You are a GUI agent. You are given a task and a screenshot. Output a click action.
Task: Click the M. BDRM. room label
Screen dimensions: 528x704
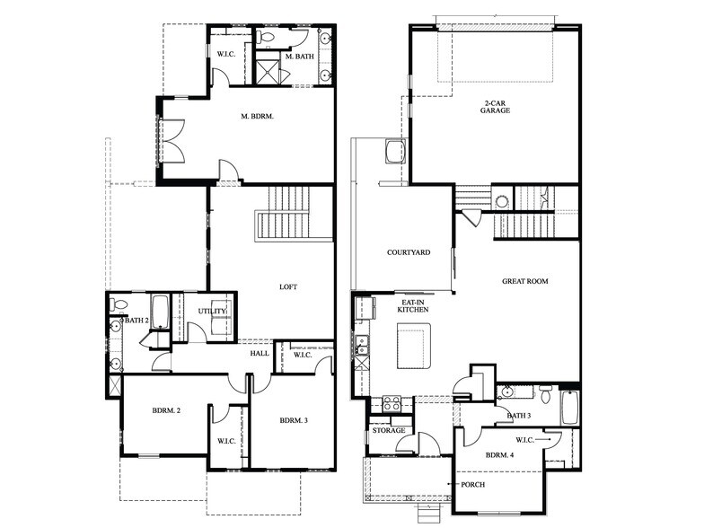pyautogui.click(x=257, y=117)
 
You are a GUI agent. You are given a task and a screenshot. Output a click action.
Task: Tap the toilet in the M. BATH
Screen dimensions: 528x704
pyautogui.click(x=267, y=39)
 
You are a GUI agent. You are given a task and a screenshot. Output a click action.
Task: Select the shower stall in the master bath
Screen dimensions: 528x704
pyautogui.click(x=268, y=71)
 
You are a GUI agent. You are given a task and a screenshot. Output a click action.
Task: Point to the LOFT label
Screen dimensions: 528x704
pyautogui.click(x=288, y=287)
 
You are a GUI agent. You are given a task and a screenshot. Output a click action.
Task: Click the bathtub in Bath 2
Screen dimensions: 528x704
pyautogui.click(x=160, y=312)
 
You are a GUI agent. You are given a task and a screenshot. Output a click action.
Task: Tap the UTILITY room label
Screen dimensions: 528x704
pyautogui.click(x=213, y=311)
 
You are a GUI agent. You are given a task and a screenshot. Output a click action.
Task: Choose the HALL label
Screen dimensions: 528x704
pyautogui.click(x=260, y=354)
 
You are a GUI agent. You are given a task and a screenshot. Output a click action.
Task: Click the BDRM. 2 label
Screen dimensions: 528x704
pyautogui.click(x=166, y=410)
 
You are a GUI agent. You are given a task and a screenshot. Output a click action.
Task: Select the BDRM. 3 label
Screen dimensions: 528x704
pyautogui.click(x=294, y=420)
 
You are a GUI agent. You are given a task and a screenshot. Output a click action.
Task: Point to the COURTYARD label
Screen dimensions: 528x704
pyautogui.click(x=408, y=252)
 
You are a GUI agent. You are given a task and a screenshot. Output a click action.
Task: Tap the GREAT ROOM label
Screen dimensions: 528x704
pyautogui.click(x=524, y=281)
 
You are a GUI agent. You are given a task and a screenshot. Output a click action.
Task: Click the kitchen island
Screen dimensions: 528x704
pyautogui.click(x=414, y=345)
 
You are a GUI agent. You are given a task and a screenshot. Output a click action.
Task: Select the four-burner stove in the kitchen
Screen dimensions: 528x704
pyautogui.click(x=392, y=404)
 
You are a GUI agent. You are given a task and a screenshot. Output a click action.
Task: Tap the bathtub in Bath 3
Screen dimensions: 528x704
pyautogui.click(x=569, y=407)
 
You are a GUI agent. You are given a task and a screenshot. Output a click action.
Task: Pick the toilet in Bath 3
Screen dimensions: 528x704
pyautogui.click(x=544, y=392)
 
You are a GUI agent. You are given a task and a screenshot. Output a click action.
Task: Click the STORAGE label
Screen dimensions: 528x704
pyautogui.click(x=388, y=431)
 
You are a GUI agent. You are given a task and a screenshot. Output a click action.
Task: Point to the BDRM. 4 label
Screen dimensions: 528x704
pyautogui.click(x=499, y=454)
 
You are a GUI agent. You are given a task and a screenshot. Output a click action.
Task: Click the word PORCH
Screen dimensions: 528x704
pyautogui.click(x=473, y=485)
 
